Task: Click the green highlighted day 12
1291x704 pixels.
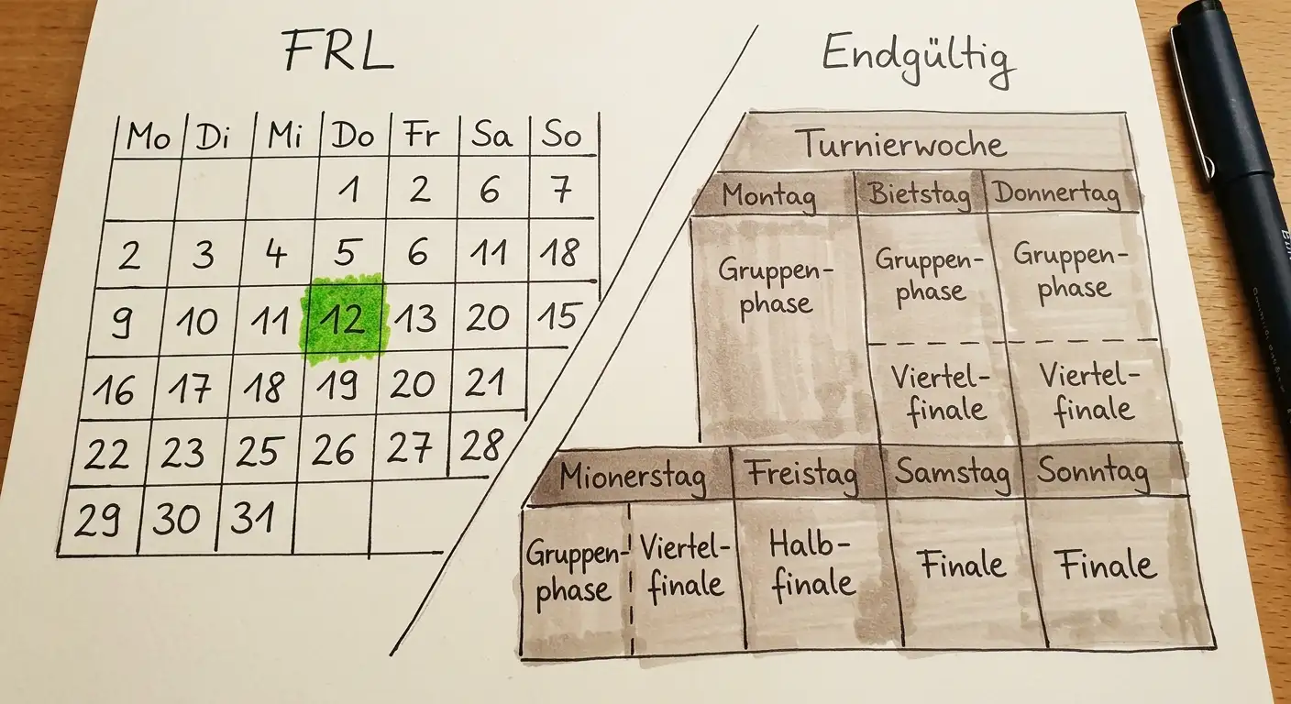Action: tap(344, 319)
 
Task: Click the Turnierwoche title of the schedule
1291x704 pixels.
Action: tap(904, 144)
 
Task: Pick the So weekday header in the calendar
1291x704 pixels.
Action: tap(561, 135)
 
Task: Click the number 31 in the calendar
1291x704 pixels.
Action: tap(252, 516)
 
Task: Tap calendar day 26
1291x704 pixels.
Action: tap(333, 449)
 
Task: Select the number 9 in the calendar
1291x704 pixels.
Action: tap(123, 323)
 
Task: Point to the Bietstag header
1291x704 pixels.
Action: tap(919, 193)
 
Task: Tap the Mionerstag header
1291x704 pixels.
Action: tap(633, 477)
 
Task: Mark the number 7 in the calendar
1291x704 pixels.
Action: tap(561, 190)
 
